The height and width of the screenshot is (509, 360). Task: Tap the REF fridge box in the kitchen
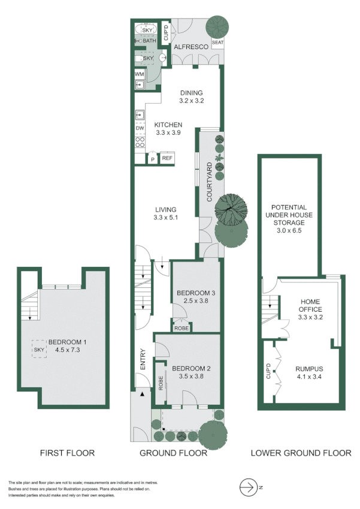click(167, 158)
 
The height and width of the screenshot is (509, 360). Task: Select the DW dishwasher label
click(140, 128)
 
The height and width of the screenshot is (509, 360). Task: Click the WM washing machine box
click(140, 74)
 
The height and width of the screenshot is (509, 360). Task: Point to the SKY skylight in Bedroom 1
click(40, 350)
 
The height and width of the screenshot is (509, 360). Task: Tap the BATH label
click(149, 41)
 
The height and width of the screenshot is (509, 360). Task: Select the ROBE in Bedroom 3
click(180, 328)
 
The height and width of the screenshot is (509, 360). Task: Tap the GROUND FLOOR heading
click(173, 453)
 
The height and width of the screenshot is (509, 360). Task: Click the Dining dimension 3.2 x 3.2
click(192, 101)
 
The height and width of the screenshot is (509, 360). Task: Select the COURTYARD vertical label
click(210, 181)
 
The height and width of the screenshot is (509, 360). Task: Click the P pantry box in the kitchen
click(153, 159)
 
